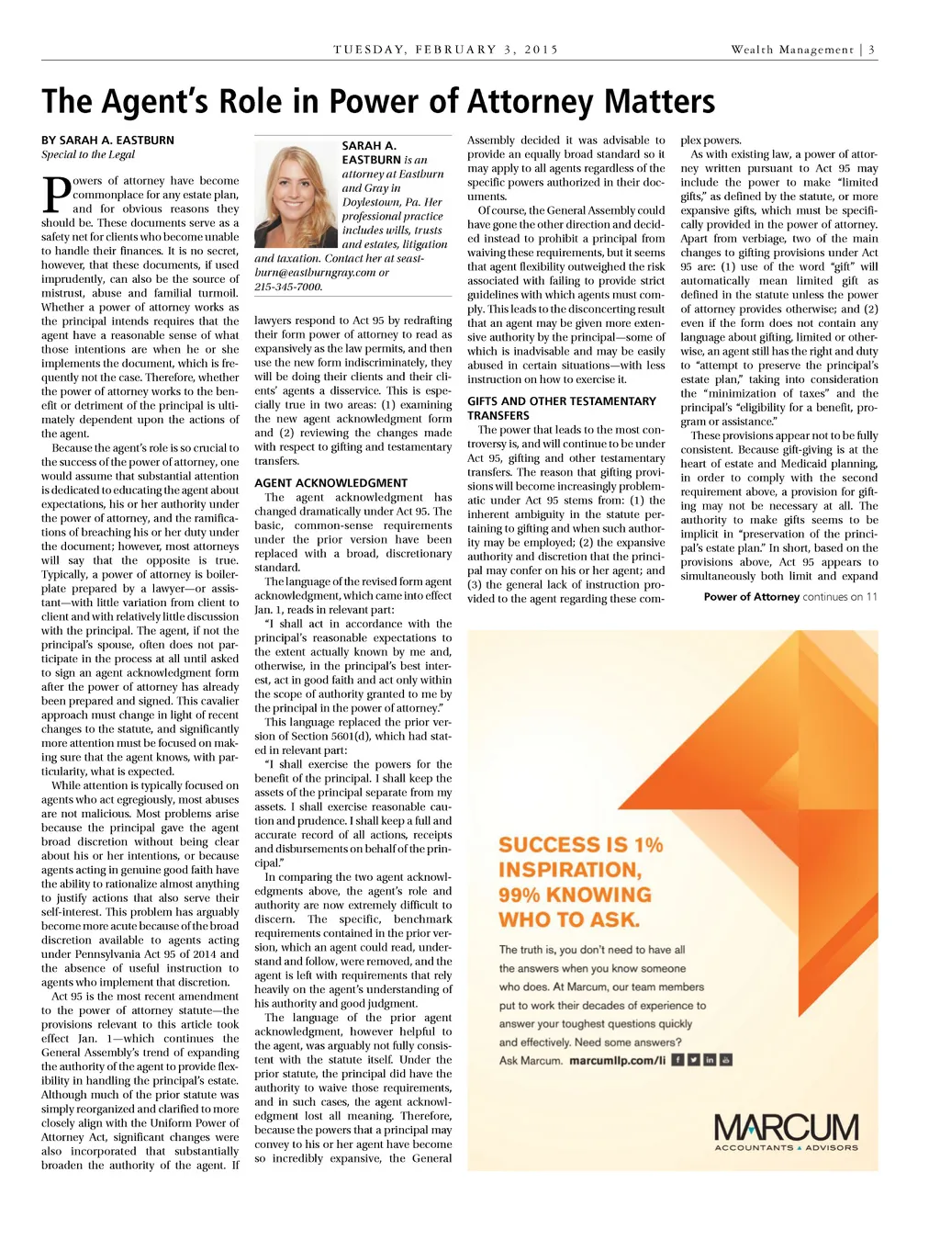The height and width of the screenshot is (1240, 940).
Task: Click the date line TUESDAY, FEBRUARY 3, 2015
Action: click(x=446, y=50)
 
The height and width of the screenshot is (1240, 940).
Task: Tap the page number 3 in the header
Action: click(x=871, y=50)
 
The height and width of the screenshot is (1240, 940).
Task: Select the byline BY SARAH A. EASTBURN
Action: click(x=107, y=141)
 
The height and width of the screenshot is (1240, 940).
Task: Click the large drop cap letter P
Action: click(x=56, y=195)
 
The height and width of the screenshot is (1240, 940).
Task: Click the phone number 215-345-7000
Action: click(x=288, y=287)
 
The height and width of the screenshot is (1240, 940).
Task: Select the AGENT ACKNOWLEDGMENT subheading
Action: click(x=330, y=483)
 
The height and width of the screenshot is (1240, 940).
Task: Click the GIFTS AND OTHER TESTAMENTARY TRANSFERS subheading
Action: click(x=561, y=408)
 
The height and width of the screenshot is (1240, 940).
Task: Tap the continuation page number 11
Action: click(x=871, y=597)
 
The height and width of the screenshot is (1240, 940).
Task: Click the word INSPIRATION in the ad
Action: click(x=569, y=870)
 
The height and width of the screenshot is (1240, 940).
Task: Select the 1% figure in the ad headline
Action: click(x=648, y=845)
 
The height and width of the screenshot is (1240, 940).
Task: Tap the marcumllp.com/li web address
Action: click(x=617, y=1061)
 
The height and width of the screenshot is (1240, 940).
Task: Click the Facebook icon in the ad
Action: click(x=677, y=1060)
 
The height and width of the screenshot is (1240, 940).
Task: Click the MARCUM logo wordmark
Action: click(x=786, y=1127)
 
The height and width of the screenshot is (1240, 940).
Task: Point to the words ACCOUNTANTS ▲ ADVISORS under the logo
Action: click(x=786, y=1148)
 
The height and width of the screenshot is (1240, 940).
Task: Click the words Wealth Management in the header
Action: click(x=791, y=50)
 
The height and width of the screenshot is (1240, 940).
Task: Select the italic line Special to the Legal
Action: click(x=88, y=154)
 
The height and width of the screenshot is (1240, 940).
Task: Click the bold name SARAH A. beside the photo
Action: click(x=369, y=146)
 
